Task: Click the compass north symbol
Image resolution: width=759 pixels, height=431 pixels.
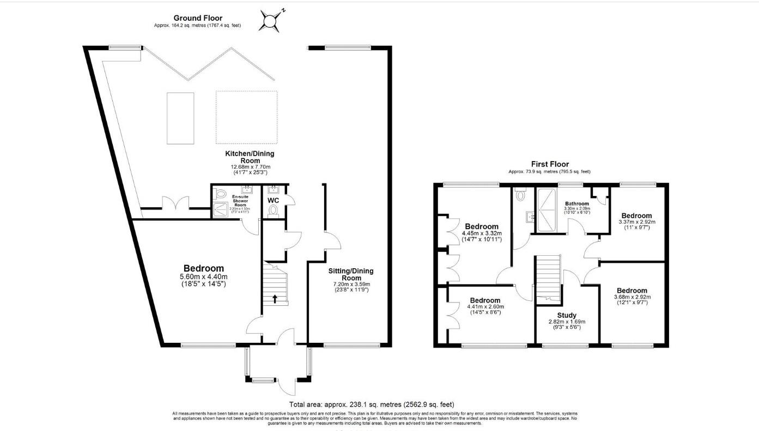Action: pyautogui.click(x=271, y=21)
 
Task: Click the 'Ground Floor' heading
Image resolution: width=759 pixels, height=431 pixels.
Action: pyautogui.click(x=198, y=18)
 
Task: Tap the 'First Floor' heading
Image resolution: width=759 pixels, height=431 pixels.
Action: pyautogui.click(x=550, y=164)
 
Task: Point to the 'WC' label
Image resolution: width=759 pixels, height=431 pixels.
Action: pyautogui.click(x=274, y=200)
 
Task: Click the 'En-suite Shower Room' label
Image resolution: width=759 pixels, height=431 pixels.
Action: pyautogui.click(x=240, y=200)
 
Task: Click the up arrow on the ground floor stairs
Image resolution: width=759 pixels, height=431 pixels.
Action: pyautogui.click(x=275, y=298)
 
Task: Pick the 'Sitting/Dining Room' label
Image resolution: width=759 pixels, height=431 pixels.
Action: pyautogui.click(x=351, y=274)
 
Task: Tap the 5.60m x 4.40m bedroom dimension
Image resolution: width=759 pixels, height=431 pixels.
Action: pyautogui.click(x=203, y=276)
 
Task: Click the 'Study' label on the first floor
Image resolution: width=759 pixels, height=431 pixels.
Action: pyautogui.click(x=567, y=315)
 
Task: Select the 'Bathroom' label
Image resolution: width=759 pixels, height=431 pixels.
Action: pyautogui.click(x=576, y=204)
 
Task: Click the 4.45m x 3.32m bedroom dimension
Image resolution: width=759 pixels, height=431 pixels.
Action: pyautogui.click(x=481, y=233)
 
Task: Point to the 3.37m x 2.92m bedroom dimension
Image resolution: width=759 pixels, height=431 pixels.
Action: pyautogui.click(x=636, y=222)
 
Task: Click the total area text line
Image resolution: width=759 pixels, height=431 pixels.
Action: pyautogui.click(x=372, y=404)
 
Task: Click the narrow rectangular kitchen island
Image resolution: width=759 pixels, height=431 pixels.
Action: pyautogui.click(x=180, y=118)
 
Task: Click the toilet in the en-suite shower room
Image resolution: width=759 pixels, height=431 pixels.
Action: pyautogui.click(x=221, y=193)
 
